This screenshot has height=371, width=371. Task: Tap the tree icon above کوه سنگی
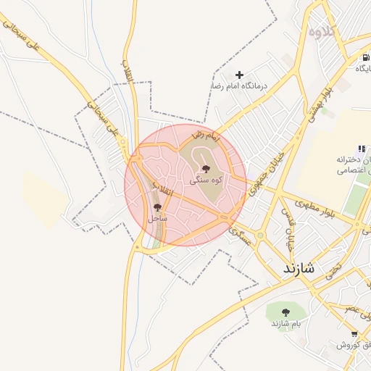coord(206,169)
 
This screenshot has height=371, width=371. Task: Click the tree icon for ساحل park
coord(157,208)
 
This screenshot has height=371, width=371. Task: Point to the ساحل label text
coord(157,217)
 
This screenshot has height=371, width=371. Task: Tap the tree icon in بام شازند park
coord(285,312)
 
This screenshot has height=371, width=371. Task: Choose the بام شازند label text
coord(285,323)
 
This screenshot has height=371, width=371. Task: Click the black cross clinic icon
coord(240,75)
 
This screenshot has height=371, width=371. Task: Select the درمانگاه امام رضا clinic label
coord(240,86)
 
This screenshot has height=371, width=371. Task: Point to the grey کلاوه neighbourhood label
coord(323,32)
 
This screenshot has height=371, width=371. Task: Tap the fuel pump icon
coord(366,58)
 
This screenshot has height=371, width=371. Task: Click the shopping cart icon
coord(354,334)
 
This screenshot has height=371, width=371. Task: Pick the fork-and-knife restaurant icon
coord(362,149)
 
